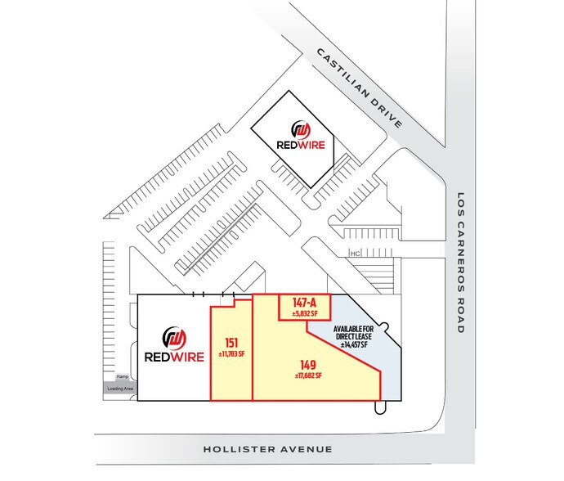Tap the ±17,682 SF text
[x=307, y=375]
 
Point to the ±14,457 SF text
[x=356, y=345]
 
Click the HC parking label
[x=354, y=253]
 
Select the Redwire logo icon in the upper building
[x=302, y=129]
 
